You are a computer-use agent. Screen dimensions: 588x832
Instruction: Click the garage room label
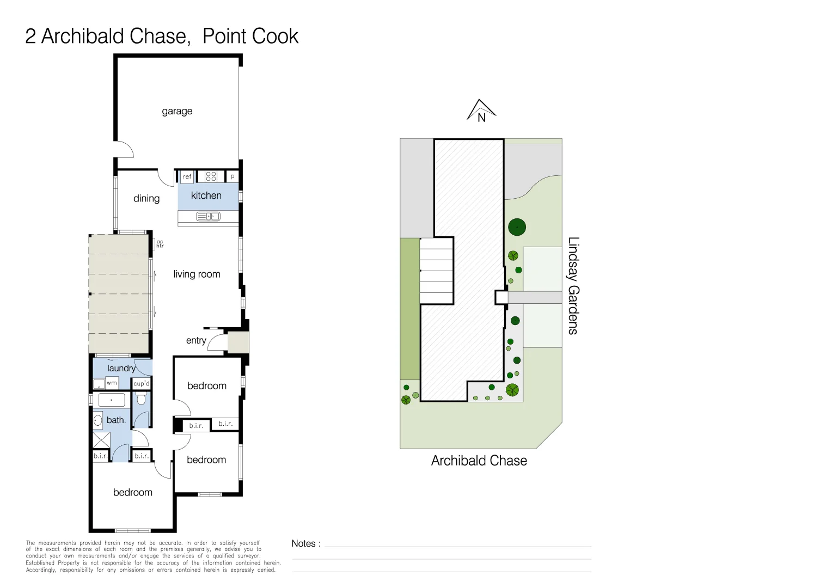click(177, 111)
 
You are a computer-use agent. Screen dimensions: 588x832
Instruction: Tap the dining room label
click(146, 199)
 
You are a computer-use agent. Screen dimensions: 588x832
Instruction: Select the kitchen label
click(206, 195)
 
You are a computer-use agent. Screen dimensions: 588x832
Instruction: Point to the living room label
click(197, 274)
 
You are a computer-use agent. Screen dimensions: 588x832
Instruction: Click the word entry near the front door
click(196, 340)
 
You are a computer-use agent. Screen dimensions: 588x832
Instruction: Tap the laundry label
click(121, 369)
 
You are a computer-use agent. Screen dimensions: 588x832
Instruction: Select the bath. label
click(116, 420)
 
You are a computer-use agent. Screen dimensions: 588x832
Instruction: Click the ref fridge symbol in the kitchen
click(187, 176)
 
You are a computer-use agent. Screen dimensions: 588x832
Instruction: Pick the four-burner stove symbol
click(211, 176)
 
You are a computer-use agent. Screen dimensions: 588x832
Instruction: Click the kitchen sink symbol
click(208, 217)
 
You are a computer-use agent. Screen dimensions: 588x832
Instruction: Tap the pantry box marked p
click(233, 176)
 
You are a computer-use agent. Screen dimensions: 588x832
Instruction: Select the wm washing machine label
click(112, 383)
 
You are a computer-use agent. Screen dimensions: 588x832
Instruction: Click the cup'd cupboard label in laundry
click(141, 383)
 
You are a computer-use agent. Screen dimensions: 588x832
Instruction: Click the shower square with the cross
click(101, 440)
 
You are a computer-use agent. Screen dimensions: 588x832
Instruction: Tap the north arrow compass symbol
click(481, 111)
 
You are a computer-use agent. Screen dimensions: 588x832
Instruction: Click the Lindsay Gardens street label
click(573, 285)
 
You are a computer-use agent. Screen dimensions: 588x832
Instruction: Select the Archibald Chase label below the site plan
click(479, 461)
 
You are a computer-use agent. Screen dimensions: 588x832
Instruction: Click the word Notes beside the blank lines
click(305, 543)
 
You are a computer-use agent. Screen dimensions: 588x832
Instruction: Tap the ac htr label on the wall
click(160, 244)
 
